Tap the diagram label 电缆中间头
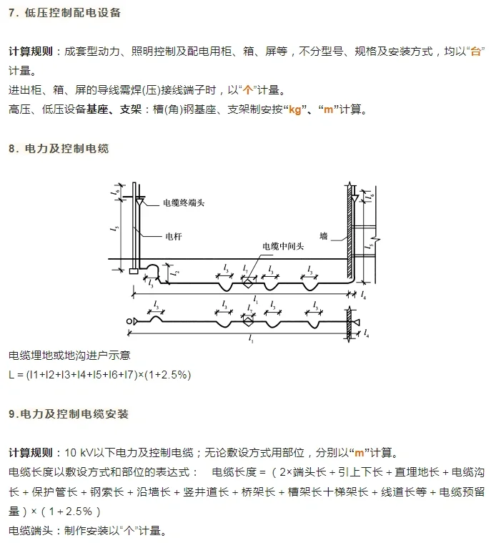282,245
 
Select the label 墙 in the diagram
323,235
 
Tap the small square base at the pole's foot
134,270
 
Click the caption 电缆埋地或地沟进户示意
69,356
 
